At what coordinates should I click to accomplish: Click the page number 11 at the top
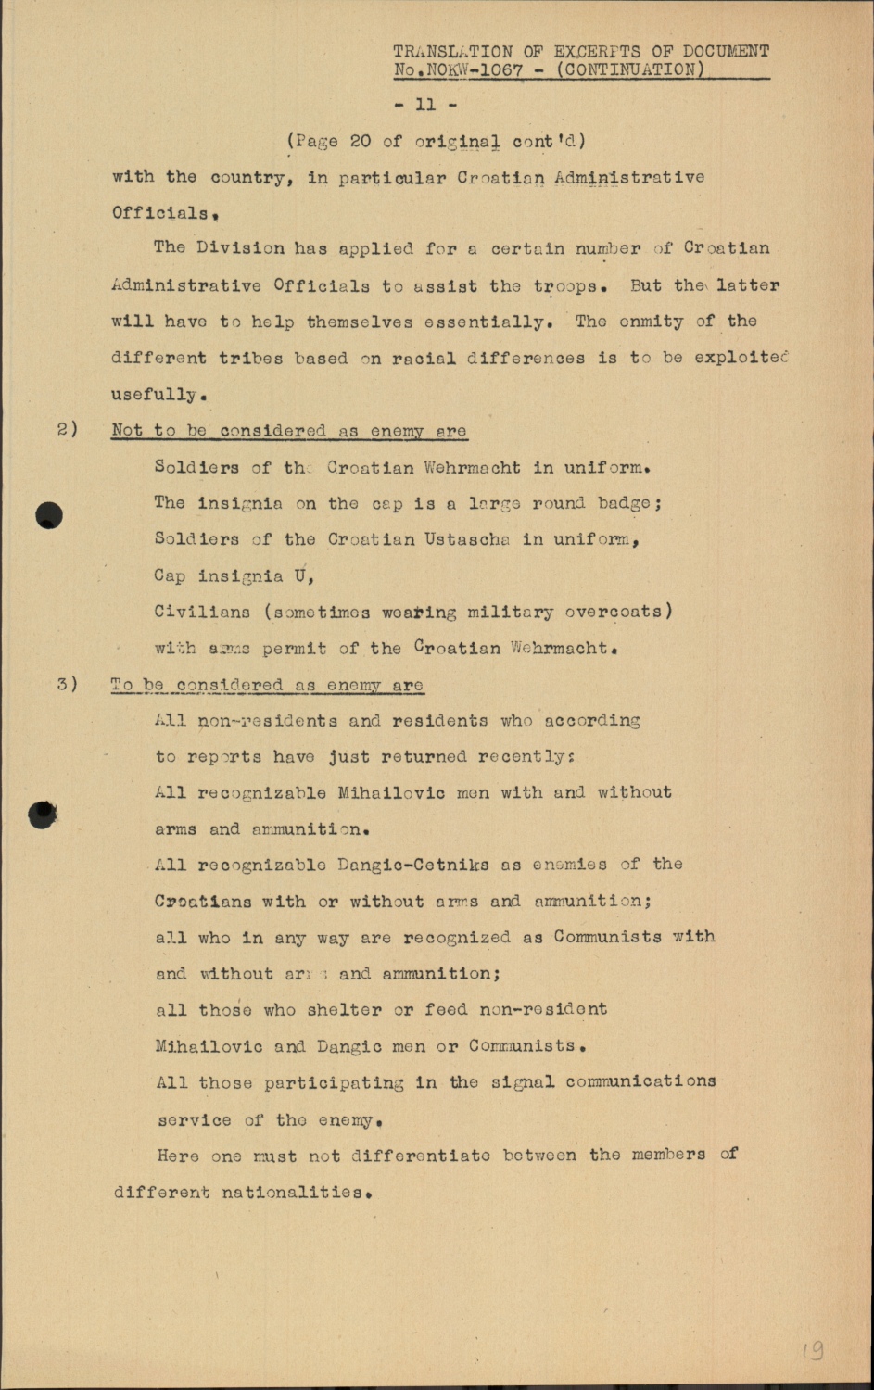pos(425,105)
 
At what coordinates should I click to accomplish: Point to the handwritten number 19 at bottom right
pos(814,1350)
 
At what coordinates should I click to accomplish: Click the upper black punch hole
pos(49,515)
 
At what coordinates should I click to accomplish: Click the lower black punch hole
pos(43,815)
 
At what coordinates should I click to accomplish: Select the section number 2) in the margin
pos(68,430)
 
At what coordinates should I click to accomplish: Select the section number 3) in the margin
pos(68,685)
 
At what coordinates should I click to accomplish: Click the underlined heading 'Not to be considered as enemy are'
pos(288,431)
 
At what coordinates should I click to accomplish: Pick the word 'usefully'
pos(154,395)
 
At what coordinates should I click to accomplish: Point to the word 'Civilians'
pos(202,612)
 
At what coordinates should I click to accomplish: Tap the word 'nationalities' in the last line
pos(293,1193)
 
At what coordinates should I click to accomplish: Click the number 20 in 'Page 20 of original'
pos(361,141)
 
